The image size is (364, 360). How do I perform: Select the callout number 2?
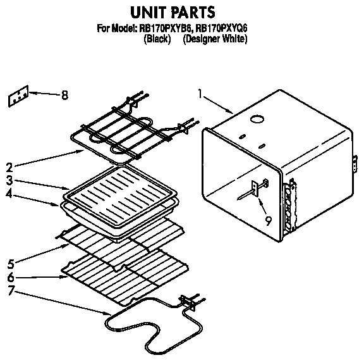(9, 167)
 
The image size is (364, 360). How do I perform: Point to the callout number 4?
(9, 195)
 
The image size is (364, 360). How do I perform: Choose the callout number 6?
(9, 277)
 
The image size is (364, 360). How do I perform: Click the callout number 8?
(64, 96)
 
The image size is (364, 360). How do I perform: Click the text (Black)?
(158, 39)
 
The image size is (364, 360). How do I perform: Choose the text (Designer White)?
(215, 39)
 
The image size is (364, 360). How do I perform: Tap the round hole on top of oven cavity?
(257, 118)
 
